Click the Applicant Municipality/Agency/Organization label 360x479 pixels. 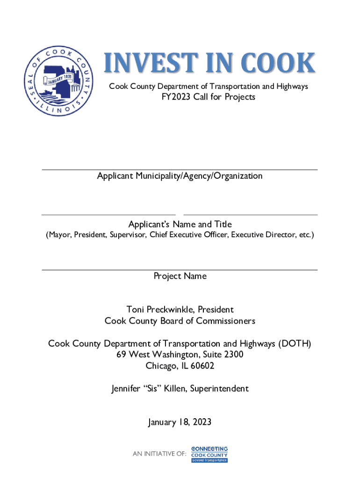click(x=180, y=176)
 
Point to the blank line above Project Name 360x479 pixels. click(x=180, y=269)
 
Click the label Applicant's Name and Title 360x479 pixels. click(x=180, y=224)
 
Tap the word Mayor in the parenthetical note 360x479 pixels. click(x=58, y=235)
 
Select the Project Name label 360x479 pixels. click(x=180, y=276)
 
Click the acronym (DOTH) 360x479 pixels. click(x=295, y=344)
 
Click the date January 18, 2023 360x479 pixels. click(x=180, y=422)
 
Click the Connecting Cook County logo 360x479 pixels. click(x=209, y=454)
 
